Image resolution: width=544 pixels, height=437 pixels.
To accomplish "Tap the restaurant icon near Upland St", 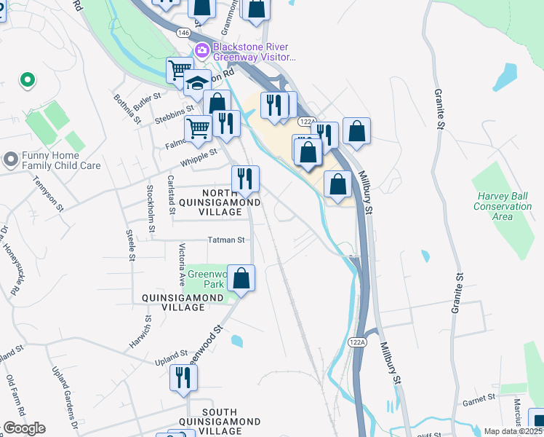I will click(183, 377).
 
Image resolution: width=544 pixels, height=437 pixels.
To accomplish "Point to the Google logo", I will click(24, 428).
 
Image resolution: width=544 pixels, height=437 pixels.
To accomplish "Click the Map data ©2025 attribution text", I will click(513, 431).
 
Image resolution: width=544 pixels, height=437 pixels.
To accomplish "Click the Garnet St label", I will click(479, 398).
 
